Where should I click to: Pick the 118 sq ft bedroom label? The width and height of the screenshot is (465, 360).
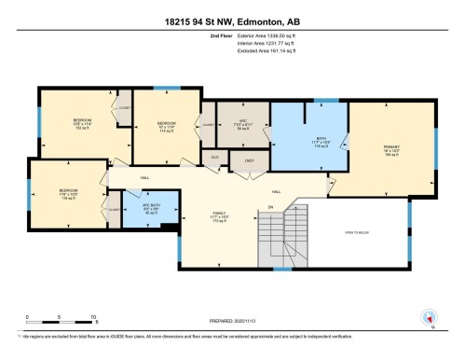(x=68, y=194)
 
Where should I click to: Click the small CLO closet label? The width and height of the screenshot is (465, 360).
(x=214, y=158)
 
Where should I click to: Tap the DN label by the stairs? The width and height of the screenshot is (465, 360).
(x=270, y=207)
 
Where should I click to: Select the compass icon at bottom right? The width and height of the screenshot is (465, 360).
(x=430, y=319)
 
